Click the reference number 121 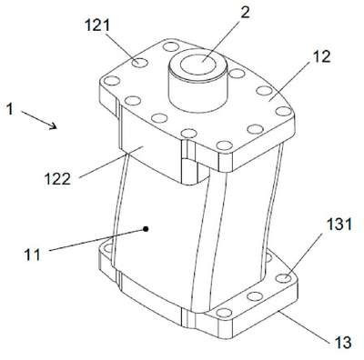[97, 25]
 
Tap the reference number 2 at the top [245, 13]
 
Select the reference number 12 [322, 56]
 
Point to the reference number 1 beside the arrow [10, 109]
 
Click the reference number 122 [57, 179]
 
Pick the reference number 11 [32, 255]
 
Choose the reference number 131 [339, 225]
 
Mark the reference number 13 [342, 342]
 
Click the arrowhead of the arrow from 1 [54, 125]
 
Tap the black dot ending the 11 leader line [146, 229]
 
